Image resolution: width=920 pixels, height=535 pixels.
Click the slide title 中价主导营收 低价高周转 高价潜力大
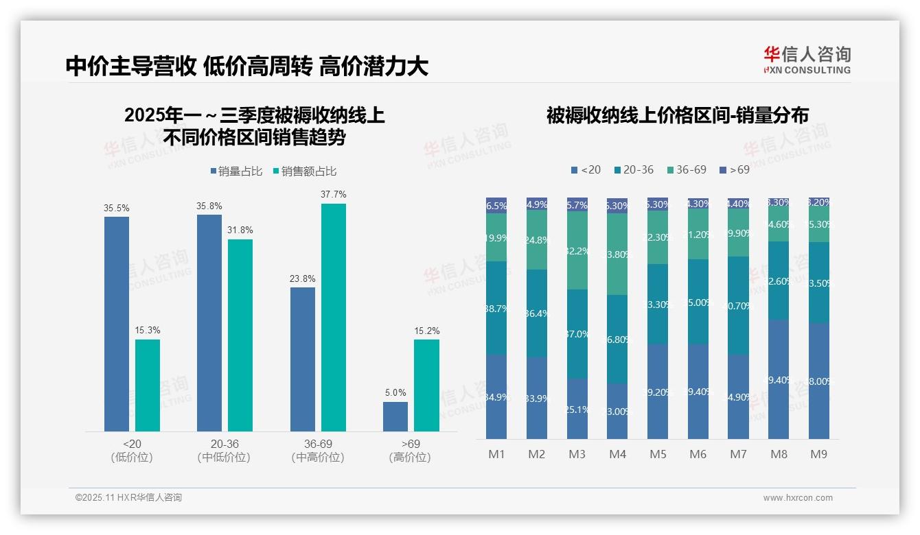pyautogui.click(x=247, y=67)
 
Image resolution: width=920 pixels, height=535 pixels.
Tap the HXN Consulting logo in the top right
pyautogui.click(x=807, y=60)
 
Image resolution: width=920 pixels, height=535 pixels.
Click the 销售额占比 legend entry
pyautogui.click(x=305, y=171)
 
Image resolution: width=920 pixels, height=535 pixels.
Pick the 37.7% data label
pyautogui.click(x=333, y=195)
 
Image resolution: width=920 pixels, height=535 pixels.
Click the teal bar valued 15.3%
pyautogui.click(x=148, y=385)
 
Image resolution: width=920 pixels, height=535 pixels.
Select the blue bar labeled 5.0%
pyautogui.click(x=395, y=416)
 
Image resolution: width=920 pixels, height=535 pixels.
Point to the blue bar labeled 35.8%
pyautogui.click(x=209, y=322)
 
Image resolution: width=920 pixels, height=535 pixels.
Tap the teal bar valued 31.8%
pyautogui.click(x=240, y=335)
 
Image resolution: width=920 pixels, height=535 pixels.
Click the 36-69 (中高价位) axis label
pyautogui.click(x=318, y=451)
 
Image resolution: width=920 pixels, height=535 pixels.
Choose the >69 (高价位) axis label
pyautogui.click(x=410, y=451)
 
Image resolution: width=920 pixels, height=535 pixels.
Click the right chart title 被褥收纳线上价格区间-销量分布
pyautogui.click(x=677, y=115)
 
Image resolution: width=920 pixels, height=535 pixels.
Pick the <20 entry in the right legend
pyautogui.click(x=586, y=169)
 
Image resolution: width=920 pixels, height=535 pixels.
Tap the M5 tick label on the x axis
pyautogui.click(x=658, y=454)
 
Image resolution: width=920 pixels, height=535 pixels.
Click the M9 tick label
pyautogui.click(x=818, y=454)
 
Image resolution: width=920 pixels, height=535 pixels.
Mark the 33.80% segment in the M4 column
pyautogui.click(x=617, y=254)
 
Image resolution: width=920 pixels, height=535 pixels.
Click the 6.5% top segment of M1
pyautogui.click(x=496, y=206)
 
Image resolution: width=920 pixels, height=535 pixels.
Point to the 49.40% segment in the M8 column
pyautogui.click(x=779, y=379)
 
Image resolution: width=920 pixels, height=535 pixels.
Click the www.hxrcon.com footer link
pyautogui.click(x=797, y=498)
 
